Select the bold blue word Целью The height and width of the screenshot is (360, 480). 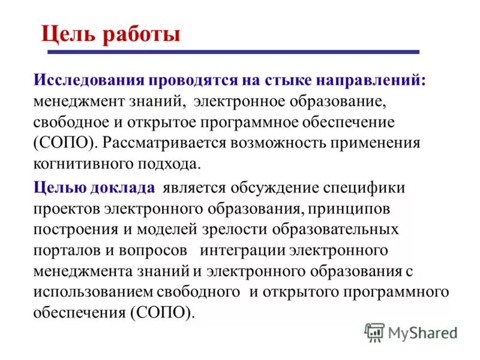pyautogui.click(x=58, y=188)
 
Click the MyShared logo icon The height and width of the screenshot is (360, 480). pyautogui.click(x=374, y=331)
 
